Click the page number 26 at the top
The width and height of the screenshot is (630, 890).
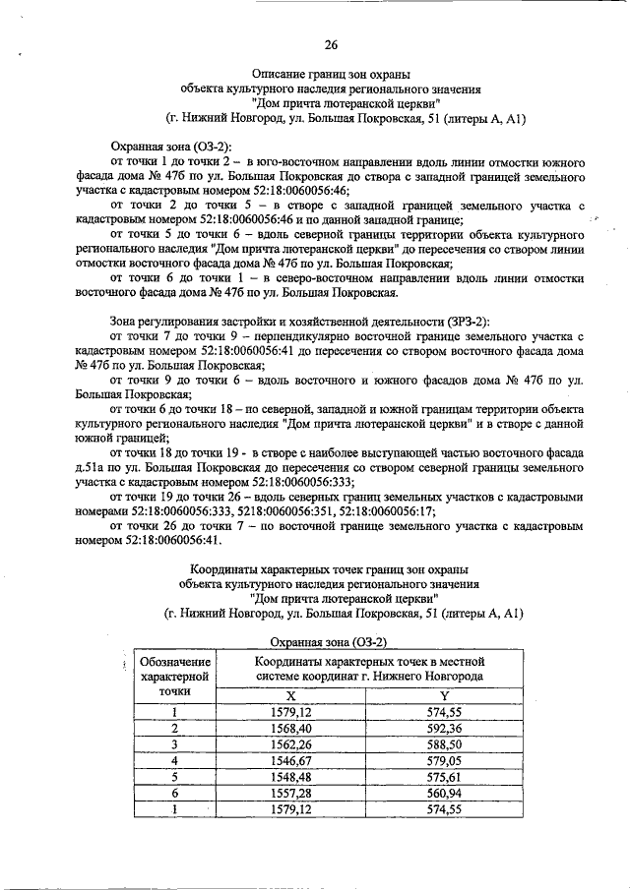pos(331,44)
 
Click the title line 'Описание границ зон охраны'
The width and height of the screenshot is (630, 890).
pos(331,73)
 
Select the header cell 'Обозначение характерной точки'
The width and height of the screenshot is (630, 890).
pos(175,677)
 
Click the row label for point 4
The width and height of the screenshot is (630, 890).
pos(175,761)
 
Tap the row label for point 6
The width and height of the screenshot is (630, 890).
pos(175,794)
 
